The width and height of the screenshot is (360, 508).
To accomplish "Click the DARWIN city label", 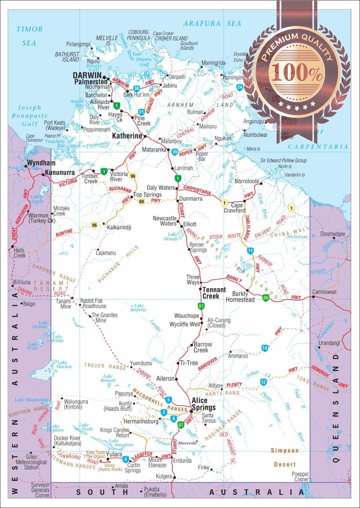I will point(87,75).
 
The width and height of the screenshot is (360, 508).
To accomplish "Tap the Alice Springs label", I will point(204,404).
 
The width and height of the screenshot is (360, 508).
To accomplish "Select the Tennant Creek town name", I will point(214,293).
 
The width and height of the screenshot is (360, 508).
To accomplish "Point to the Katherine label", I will point(127,136).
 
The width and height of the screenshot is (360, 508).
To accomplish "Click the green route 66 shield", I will point(265,298).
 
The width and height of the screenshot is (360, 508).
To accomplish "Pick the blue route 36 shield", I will point(136,89).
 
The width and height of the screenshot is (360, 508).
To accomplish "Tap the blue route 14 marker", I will point(265,348).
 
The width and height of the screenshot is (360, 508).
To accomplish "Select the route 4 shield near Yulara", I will point(125,459).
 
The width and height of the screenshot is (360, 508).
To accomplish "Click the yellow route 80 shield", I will point(142,202).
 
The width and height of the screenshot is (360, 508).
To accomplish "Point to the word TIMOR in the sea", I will point(30,29).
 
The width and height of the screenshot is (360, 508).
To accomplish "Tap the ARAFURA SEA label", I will point(212,24).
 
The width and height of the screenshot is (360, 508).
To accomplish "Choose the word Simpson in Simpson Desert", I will point(284,451).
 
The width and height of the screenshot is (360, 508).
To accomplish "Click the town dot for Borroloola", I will point(261,183).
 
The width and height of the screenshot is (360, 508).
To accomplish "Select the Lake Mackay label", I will point(64,364).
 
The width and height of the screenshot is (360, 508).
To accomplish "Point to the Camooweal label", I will point(324,292).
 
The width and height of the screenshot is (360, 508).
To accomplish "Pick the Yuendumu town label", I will point(141,363).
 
